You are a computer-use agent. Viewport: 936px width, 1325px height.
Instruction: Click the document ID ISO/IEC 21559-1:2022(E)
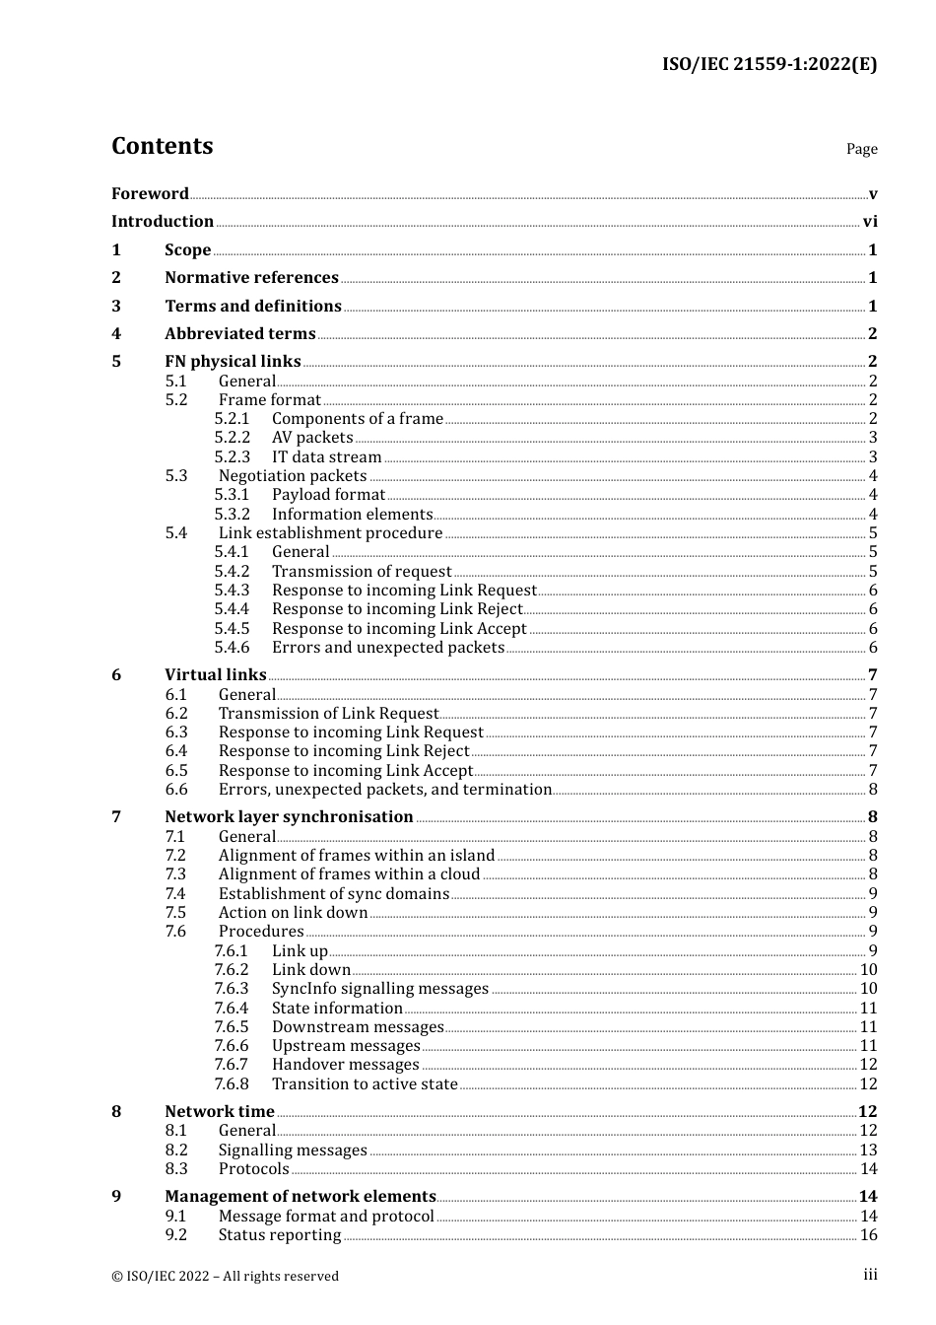[769, 65]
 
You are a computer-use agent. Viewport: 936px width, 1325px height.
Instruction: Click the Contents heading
[162, 146]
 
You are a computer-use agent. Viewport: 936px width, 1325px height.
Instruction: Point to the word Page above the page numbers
[861, 149]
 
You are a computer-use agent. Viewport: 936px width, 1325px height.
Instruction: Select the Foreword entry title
[150, 193]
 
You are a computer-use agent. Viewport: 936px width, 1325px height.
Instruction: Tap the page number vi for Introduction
[870, 222]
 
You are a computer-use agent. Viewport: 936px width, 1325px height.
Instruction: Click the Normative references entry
[251, 278]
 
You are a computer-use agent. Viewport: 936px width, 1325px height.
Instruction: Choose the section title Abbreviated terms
[239, 334]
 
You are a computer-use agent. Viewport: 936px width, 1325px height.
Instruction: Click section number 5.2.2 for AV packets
[233, 438]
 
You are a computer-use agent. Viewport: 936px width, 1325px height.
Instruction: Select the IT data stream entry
[326, 457]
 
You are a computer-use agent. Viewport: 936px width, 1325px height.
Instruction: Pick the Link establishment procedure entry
[330, 533]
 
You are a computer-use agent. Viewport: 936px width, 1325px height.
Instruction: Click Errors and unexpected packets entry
[388, 648]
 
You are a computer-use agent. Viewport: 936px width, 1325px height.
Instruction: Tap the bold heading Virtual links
[215, 675]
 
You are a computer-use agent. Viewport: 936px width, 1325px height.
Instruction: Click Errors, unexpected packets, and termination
[384, 790]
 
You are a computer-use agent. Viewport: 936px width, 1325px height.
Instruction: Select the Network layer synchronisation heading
[289, 817]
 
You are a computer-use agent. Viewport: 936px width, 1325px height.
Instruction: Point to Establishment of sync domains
[333, 894]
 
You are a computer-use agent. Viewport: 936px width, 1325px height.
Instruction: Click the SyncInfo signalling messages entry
[380, 989]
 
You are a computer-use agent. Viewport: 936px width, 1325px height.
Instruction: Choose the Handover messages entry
[345, 1065]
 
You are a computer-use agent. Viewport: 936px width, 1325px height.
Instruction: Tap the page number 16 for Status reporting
[868, 1235]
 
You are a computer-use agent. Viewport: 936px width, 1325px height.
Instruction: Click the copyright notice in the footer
[225, 1276]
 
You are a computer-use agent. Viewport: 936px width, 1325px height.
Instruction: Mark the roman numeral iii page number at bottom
[870, 1275]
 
